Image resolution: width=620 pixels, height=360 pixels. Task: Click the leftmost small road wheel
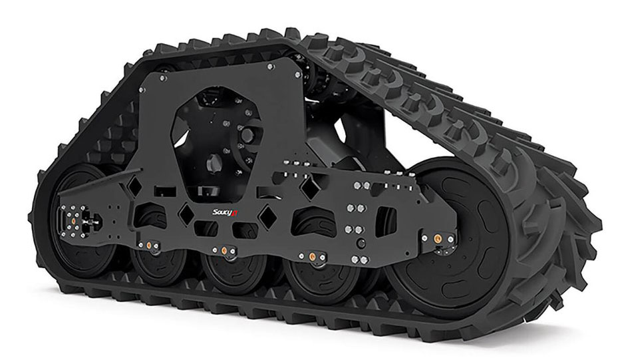[158, 266]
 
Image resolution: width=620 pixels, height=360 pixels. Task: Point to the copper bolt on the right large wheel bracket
[438, 238]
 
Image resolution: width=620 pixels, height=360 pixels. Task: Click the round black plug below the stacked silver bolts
[360, 245]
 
